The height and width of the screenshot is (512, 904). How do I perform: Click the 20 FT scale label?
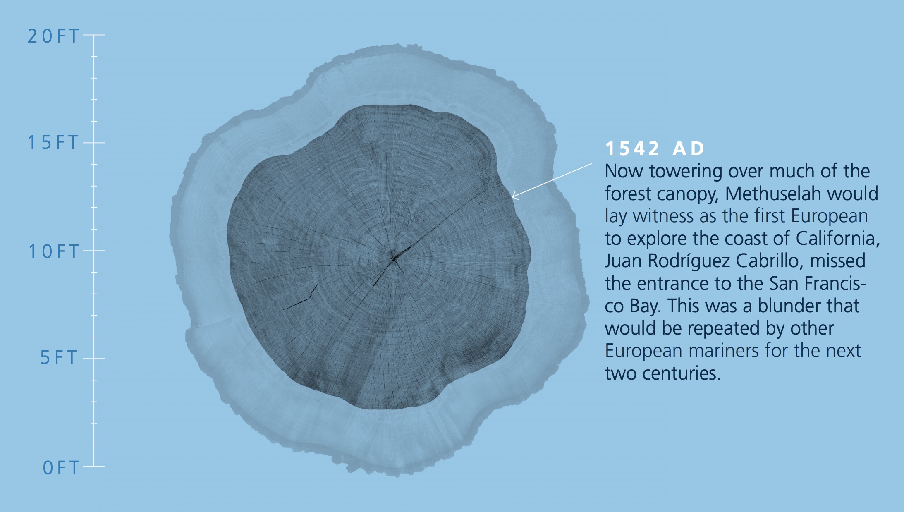pyautogui.click(x=53, y=36)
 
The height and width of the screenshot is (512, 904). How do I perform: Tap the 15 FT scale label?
pyautogui.click(x=53, y=143)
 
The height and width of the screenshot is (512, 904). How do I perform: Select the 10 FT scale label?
pyautogui.click(x=53, y=251)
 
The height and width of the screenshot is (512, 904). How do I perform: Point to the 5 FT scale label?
pyautogui.click(x=59, y=358)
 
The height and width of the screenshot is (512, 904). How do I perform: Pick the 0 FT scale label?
pyautogui.click(x=61, y=468)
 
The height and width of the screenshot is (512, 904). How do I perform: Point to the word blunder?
pyautogui.click(x=784, y=306)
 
